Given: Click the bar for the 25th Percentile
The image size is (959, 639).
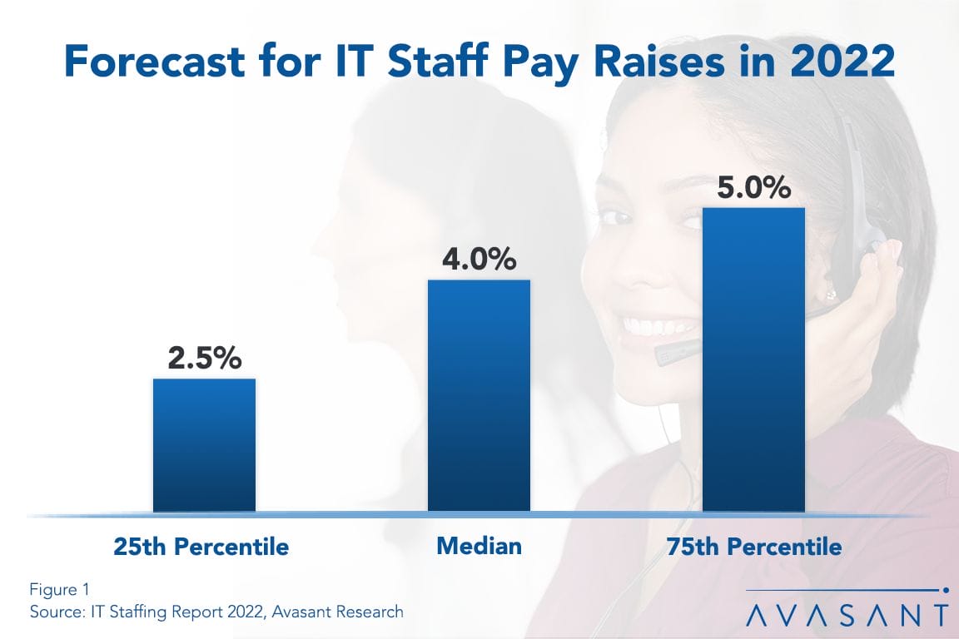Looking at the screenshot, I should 204,444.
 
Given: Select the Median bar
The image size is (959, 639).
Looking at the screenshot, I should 479,394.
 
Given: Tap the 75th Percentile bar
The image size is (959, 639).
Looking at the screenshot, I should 753,359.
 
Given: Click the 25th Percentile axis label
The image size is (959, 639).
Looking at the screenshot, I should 201,547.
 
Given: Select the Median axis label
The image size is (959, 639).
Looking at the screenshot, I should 479,546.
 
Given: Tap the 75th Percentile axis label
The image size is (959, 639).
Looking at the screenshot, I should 754,547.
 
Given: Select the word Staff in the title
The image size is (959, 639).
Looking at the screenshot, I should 415,63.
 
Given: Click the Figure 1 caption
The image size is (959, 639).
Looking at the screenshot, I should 59,590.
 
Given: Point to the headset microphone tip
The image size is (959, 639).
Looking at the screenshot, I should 666,356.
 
